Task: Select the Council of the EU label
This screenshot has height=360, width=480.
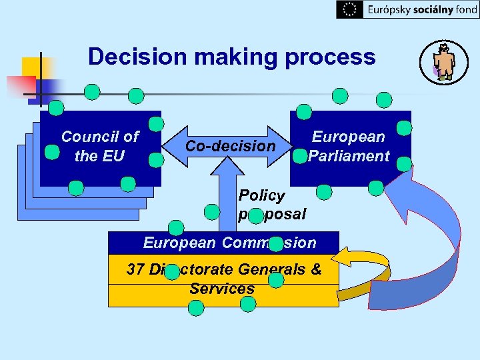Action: click(x=99, y=147)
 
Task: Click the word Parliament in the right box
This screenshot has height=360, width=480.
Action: click(x=349, y=157)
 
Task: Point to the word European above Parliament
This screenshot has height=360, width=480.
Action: click(x=349, y=137)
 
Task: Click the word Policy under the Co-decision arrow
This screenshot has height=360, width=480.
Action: click(x=261, y=196)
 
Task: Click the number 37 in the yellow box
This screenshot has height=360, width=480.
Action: click(x=137, y=270)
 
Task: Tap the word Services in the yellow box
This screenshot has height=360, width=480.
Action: click(x=222, y=289)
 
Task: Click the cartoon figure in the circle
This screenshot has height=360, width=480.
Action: click(x=443, y=62)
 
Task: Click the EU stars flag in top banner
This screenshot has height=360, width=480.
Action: click(x=349, y=9)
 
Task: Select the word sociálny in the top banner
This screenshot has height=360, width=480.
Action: click(x=427, y=9)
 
